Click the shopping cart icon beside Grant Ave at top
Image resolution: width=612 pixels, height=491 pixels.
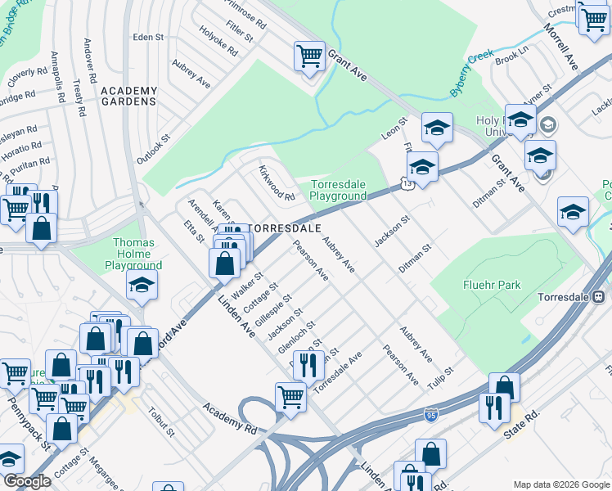309,56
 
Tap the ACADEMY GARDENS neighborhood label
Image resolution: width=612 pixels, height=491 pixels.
128,96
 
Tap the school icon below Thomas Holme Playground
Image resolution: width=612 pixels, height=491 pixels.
142,286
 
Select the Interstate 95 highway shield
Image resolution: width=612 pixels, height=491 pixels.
431,416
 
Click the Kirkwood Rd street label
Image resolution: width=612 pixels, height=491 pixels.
277,184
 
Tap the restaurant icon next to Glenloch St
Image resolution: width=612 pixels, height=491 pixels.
308,364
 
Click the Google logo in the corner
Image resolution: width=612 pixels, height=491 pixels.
27,481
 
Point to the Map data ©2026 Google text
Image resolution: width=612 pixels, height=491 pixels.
560,484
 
